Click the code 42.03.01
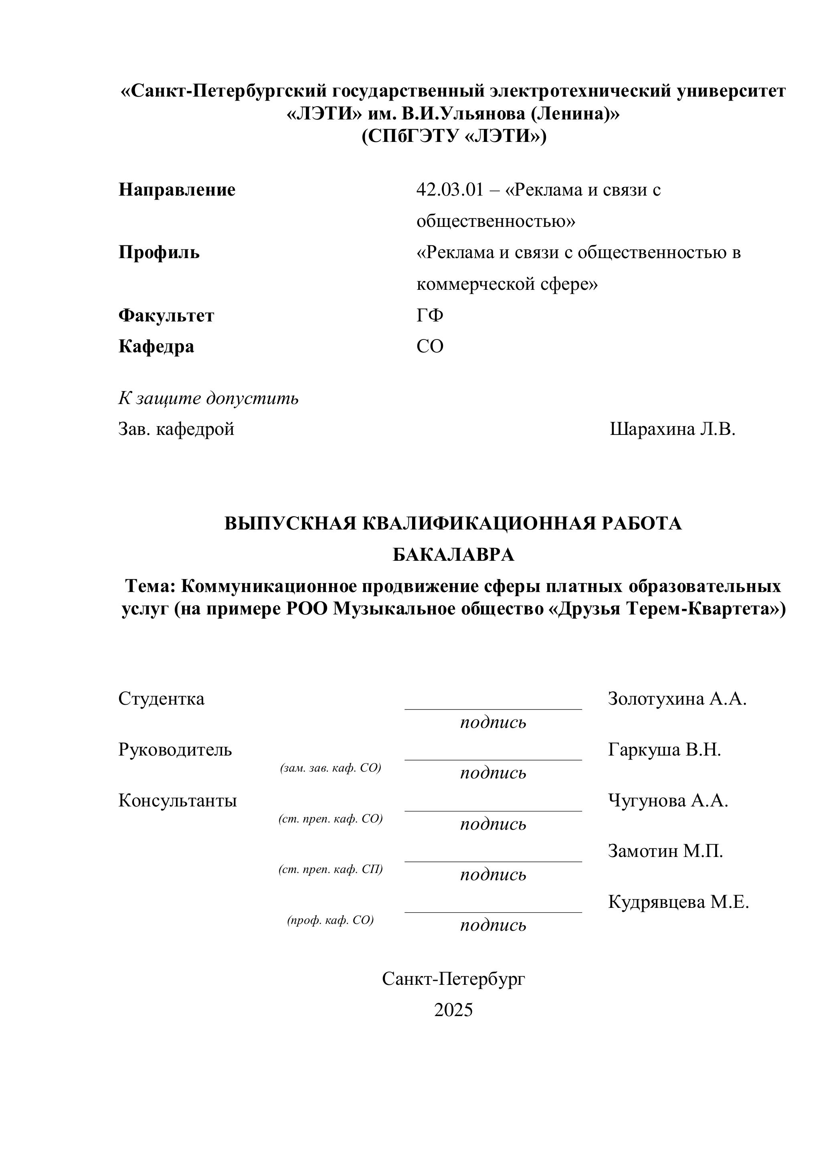[449, 190]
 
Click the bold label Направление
[177, 190]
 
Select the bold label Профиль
[159, 253]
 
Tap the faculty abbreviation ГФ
[429, 315]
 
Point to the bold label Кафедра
[156, 347]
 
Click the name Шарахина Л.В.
[672, 429]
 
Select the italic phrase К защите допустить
[208, 398]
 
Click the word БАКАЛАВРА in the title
[453, 555]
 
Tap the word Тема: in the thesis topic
[151, 586]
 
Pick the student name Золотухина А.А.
[677, 699]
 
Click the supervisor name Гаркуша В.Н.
[664, 750]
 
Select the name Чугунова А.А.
[668, 801]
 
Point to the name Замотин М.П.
[665, 851]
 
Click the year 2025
[453, 1010]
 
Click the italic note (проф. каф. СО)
[330, 920]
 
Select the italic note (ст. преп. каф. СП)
[330, 869]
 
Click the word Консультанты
[178, 801]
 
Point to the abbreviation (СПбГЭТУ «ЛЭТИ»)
[453, 136]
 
